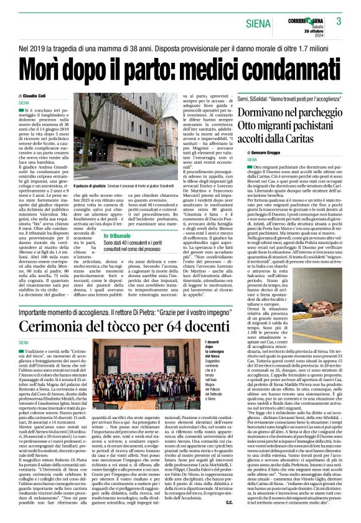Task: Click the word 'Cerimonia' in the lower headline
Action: (59, 326)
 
